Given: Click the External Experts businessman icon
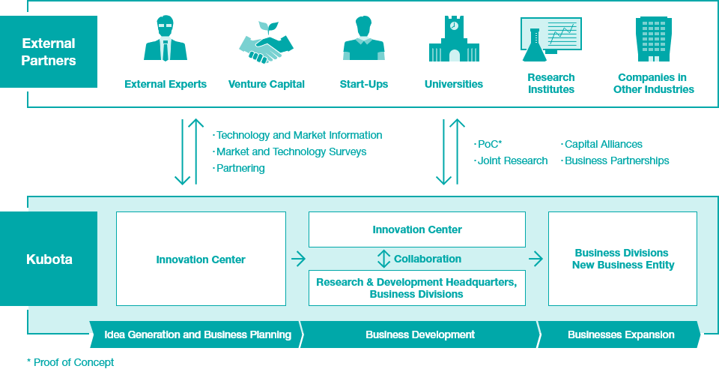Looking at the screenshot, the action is (166, 38).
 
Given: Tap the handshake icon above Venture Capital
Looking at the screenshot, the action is (266, 42).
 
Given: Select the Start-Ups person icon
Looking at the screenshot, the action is (364, 38).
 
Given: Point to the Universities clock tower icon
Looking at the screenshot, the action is (454, 39).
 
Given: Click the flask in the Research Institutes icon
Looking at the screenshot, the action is (533, 46).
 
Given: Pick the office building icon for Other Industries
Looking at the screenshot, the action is (653, 40).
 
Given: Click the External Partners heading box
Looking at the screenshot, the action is (49, 52).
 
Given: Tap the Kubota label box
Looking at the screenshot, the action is (49, 259).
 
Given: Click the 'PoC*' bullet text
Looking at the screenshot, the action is (488, 145).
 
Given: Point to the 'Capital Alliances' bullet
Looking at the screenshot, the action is (601, 145).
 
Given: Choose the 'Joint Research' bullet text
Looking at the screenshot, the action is (511, 161).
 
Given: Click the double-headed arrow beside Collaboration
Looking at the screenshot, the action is (383, 259).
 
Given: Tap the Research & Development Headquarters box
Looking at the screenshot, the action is (417, 288).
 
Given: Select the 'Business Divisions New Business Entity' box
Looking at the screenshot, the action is (622, 259).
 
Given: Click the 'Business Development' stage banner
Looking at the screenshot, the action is (420, 334).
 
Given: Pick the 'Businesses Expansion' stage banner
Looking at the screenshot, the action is (619, 334).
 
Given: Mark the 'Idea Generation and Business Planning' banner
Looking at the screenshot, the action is (197, 334).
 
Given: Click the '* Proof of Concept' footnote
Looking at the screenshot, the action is (70, 362).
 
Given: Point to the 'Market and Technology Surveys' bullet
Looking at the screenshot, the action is (289, 152).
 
